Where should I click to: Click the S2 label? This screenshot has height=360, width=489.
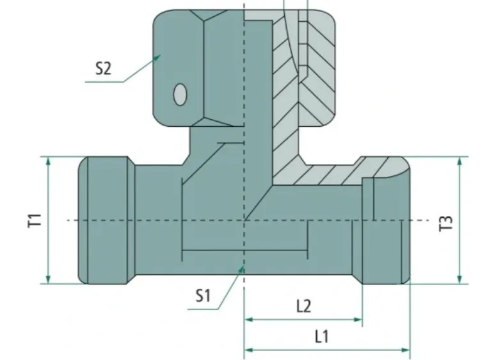point(103,67)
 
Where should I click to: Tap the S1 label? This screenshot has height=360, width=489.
point(203,295)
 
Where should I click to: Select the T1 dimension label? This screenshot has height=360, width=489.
point(36,220)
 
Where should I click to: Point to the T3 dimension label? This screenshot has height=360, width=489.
point(447,222)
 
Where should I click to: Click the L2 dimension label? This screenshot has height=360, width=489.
point(303,306)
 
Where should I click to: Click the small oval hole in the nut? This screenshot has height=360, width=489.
point(180,94)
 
